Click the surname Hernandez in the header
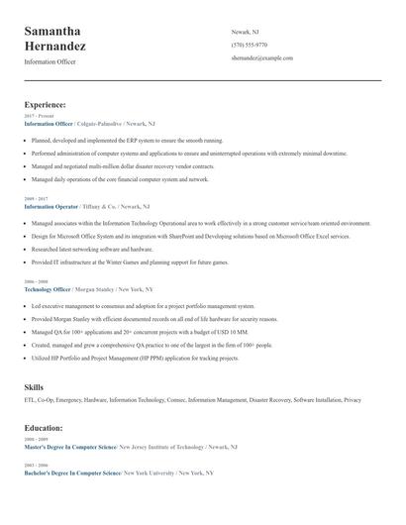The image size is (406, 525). click(55, 47)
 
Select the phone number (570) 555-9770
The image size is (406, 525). click(249, 46)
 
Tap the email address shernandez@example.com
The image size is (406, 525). click(261, 58)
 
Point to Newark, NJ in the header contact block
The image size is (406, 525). click(246, 32)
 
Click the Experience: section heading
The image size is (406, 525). click(46, 104)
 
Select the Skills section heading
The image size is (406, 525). click(34, 386)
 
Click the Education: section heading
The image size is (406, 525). click(44, 428)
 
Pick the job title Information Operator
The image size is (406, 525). click(51, 206)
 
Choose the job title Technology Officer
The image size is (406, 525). click(48, 289)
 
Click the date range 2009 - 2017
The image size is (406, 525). click(36, 199)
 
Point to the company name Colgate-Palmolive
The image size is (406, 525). click(98, 124)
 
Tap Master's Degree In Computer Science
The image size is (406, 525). click(70, 447)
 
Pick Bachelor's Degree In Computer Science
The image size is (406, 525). click(71, 472)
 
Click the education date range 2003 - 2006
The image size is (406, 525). click(36, 465)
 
